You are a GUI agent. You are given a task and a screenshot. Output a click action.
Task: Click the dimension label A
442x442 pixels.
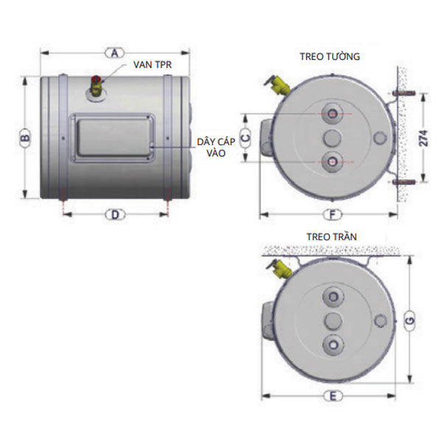pyautogui.click(x=114, y=53)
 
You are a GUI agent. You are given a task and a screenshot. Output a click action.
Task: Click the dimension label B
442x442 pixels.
pyautogui.click(x=25, y=138)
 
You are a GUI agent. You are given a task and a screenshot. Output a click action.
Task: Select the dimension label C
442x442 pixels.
pyautogui.click(x=245, y=138)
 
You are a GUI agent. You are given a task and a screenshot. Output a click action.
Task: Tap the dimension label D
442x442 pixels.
pyautogui.click(x=115, y=215)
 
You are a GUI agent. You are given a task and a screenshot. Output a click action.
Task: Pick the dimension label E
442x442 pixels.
pyautogui.click(x=333, y=396)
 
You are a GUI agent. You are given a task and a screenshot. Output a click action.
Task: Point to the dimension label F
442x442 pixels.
pyautogui.click(x=332, y=215)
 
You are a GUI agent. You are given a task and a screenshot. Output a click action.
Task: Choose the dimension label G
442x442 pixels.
pyautogui.click(x=410, y=320)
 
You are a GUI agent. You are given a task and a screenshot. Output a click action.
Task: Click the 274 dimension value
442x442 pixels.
pyautogui.click(x=423, y=138)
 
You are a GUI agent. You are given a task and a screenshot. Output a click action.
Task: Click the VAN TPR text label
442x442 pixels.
pyautogui.click(x=152, y=65)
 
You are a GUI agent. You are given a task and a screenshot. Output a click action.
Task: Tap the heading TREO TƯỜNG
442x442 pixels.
pyautogui.click(x=329, y=56)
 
